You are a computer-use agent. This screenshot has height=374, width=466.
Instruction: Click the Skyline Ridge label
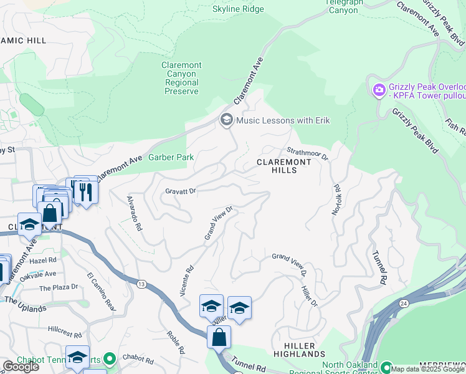pyautogui.click(x=238, y=9)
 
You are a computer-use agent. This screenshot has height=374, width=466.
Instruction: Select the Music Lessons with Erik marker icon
pyautogui.click(x=226, y=120)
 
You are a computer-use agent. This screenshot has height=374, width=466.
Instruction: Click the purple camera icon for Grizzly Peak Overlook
pyautogui.click(x=379, y=91)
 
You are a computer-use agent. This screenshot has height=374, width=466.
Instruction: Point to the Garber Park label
pyautogui.click(x=171, y=158)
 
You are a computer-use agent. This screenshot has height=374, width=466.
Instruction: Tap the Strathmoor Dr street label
pyautogui.click(x=307, y=153)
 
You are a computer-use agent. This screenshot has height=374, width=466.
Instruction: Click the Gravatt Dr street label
pyautogui.click(x=181, y=191)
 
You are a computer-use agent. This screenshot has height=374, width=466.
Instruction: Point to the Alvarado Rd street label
pyautogui.click(x=134, y=214)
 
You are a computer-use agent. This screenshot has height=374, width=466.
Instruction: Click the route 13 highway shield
pyautogui.click(x=141, y=284)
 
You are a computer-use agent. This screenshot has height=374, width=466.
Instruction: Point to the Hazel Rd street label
pyautogui.click(x=42, y=260)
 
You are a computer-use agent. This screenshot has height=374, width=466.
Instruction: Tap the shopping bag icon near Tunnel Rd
pyautogui.click(x=219, y=338)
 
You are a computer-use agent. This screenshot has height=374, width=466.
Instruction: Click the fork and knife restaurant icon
pyautogui.click(x=85, y=191)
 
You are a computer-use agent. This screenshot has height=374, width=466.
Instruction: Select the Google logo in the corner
pyautogui.click(x=21, y=367)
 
